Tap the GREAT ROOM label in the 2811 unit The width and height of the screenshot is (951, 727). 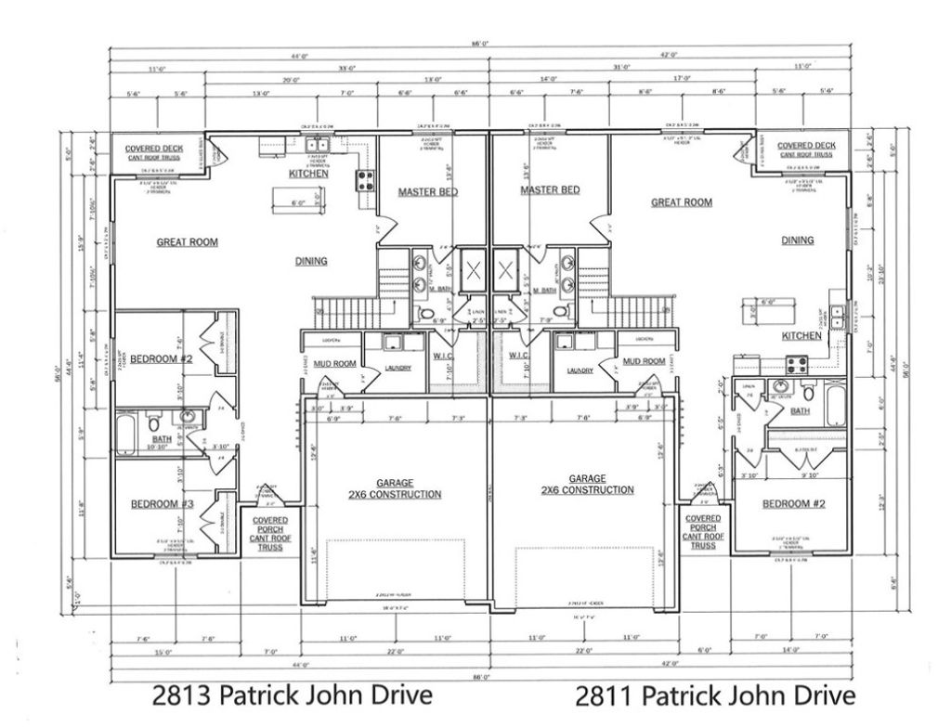point(681,202)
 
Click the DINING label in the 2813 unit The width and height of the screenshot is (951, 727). point(311,262)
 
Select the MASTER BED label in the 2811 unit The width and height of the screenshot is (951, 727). point(550,190)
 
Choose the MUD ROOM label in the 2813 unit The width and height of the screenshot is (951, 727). point(333,364)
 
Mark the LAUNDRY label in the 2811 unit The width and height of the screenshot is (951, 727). point(572,370)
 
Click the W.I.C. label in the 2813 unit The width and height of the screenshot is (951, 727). point(442,357)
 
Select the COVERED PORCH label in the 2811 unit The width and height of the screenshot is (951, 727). point(703,531)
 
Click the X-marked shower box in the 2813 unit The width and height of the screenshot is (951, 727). point(473,271)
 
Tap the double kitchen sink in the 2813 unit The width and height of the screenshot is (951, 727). point(318,145)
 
